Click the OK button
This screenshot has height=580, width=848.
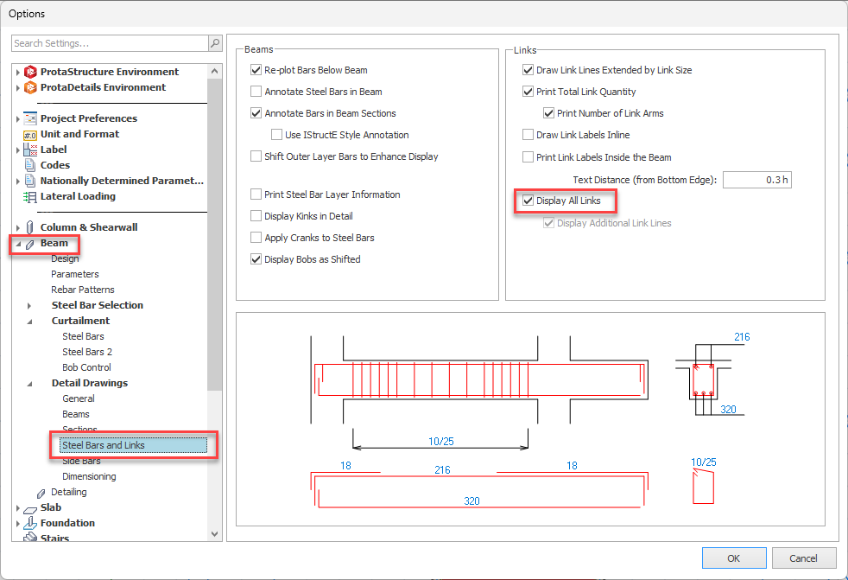pyautogui.click(x=734, y=558)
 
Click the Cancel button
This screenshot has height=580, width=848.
pyautogui.click(x=804, y=558)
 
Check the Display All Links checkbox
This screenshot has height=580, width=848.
pyautogui.click(x=528, y=201)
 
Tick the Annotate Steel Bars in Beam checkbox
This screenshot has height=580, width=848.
pyautogui.click(x=256, y=92)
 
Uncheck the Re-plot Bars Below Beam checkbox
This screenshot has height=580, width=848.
pyautogui.click(x=256, y=70)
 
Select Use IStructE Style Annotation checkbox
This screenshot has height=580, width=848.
pyautogui.click(x=277, y=135)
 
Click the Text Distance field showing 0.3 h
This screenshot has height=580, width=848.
pyautogui.click(x=756, y=180)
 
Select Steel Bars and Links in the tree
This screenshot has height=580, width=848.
pyautogui.click(x=104, y=445)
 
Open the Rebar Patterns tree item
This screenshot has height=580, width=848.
pyautogui.click(x=83, y=290)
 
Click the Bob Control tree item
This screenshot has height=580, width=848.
pyautogui.click(x=86, y=367)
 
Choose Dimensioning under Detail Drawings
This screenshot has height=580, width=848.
pyautogui.click(x=89, y=476)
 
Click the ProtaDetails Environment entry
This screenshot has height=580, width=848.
pyautogui.click(x=103, y=87)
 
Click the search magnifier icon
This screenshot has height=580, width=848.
pyautogui.click(x=214, y=43)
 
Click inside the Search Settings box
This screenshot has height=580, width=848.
pyautogui.click(x=109, y=43)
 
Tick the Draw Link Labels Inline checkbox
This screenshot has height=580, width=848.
pyautogui.click(x=528, y=135)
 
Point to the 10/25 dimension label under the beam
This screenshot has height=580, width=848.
pyautogui.click(x=440, y=441)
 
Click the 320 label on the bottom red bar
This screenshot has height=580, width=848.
pyautogui.click(x=471, y=500)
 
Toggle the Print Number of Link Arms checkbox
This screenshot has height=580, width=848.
pyautogui.click(x=549, y=113)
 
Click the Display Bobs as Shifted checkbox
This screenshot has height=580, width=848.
pyautogui.click(x=256, y=259)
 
